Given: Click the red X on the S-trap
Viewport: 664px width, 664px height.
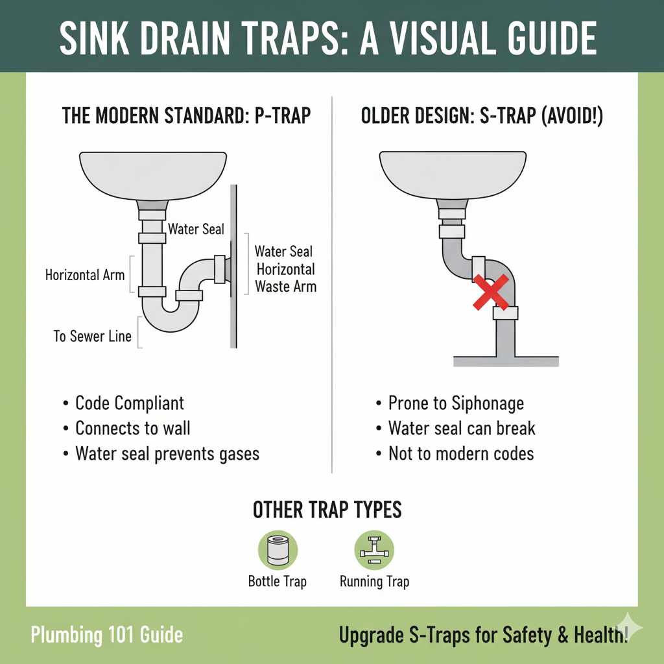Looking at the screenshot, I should pyautogui.click(x=491, y=291).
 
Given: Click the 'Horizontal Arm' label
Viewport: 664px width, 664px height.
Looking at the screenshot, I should pyautogui.click(x=85, y=275).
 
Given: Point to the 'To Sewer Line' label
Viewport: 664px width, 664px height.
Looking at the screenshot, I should pyautogui.click(x=93, y=337).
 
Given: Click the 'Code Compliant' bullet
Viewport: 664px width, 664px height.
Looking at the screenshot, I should pyautogui.click(x=130, y=403).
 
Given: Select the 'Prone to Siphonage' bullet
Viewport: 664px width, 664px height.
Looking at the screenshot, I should pyautogui.click(x=456, y=403).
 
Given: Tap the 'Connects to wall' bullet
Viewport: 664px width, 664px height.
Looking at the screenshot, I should pyautogui.click(x=133, y=428).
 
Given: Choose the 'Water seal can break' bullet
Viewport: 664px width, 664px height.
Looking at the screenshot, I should pyautogui.click(x=462, y=428).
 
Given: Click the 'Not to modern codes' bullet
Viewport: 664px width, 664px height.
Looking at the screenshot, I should pyautogui.click(x=461, y=453).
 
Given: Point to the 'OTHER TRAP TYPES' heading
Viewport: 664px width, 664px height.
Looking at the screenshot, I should pyautogui.click(x=327, y=510).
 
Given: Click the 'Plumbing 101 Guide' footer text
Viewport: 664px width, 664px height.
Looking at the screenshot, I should pyautogui.click(x=107, y=634).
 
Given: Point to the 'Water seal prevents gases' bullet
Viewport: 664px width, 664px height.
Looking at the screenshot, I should pyautogui.click(x=167, y=453).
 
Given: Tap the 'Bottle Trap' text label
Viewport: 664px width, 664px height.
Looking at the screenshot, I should pyautogui.click(x=277, y=582).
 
